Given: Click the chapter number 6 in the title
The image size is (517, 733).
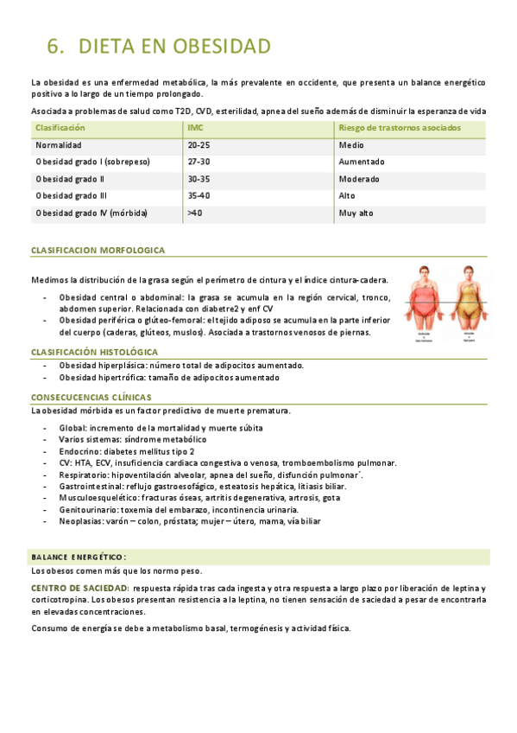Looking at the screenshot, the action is pos(54,46).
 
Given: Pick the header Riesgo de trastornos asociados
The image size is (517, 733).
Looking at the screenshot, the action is pos(400,128).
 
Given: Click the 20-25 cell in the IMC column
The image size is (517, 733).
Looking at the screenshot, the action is pos(199,145).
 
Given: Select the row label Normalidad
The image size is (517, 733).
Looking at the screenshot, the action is pos(59,145).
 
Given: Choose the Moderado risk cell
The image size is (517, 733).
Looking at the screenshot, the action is pos(359,179).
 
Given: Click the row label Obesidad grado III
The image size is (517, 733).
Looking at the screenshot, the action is pos(71,195).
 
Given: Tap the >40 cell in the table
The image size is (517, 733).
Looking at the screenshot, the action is pos(194,213).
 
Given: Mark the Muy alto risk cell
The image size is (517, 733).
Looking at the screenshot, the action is pos(357,213).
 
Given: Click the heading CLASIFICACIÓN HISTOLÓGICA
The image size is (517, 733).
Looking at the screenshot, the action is pos(94,352).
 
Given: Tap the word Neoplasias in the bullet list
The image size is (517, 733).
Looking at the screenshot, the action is pos(81,521).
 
